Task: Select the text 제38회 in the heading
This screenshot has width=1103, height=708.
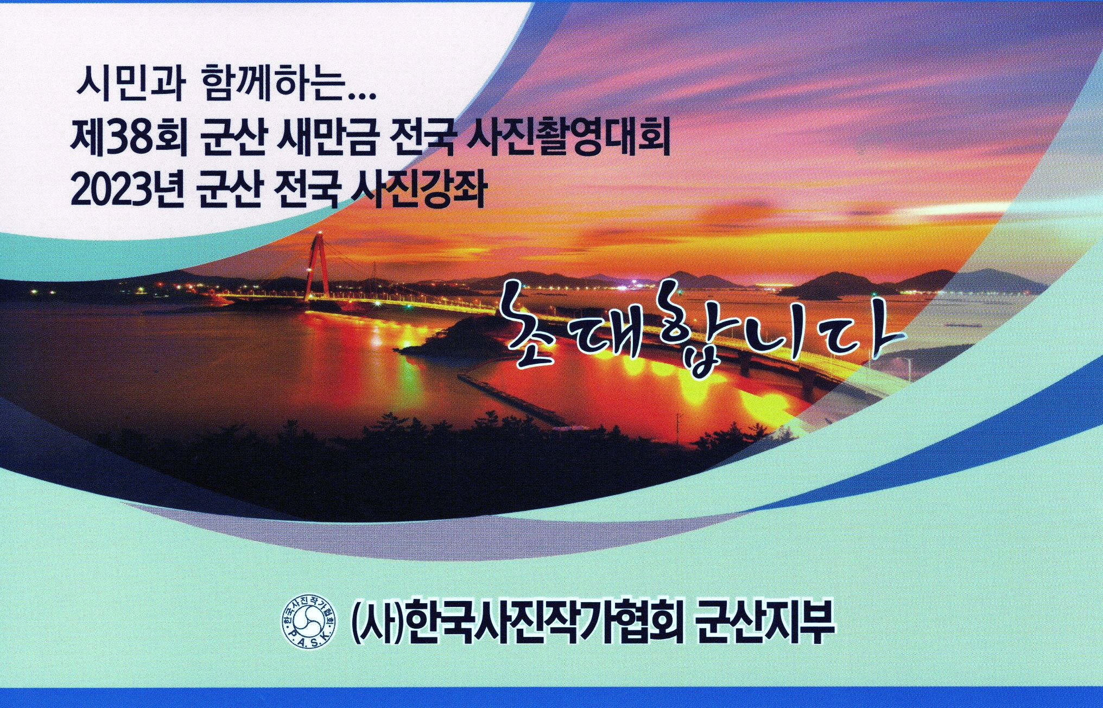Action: click(128, 138)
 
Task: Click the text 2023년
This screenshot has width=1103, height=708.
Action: click(128, 189)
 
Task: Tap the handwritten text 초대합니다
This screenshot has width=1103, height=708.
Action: click(700, 331)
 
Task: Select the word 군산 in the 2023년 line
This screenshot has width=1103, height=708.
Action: click(230, 189)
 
